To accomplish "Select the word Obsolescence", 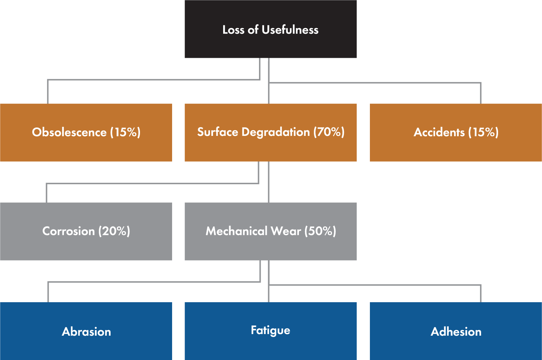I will [x=69, y=132].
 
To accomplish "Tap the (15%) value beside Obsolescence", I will [x=125, y=132].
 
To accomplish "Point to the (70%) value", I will [x=329, y=132].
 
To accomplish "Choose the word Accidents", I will [x=439, y=132].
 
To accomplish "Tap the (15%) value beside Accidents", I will [x=484, y=132].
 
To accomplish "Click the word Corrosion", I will [x=68, y=231].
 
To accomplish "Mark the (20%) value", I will [x=114, y=231].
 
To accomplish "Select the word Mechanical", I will [x=236, y=231].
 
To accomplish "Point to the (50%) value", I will [x=320, y=231].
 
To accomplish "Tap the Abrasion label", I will [x=86, y=332].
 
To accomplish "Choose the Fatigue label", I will [x=270, y=330].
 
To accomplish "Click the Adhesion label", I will [x=456, y=332].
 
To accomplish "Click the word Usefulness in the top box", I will [x=290, y=30].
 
